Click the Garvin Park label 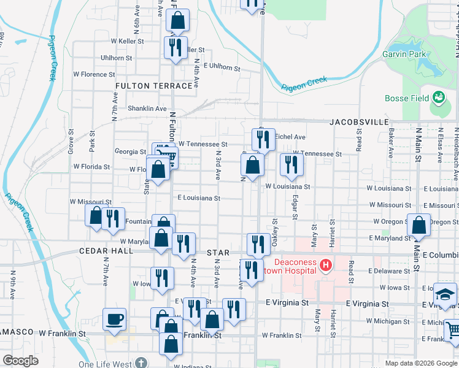pyautogui.click(x=404, y=54)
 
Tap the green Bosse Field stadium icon pyautogui.click(x=438, y=97)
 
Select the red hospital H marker pyautogui.click(x=325, y=266)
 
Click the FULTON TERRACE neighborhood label pyautogui.click(x=153, y=86)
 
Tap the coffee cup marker pyautogui.click(x=115, y=320)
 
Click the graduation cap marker pyautogui.click(x=445, y=293)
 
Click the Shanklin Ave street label pyautogui.click(x=147, y=109)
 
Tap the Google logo pyautogui.click(x=21, y=360)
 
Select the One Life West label pyautogui.click(x=105, y=364)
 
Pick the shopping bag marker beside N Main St pyautogui.click(x=418, y=225)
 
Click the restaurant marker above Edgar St pyautogui.click(x=291, y=164)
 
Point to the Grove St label pyautogui.click(x=71, y=145)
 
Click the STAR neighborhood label pyautogui.click(x=218, y=252)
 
